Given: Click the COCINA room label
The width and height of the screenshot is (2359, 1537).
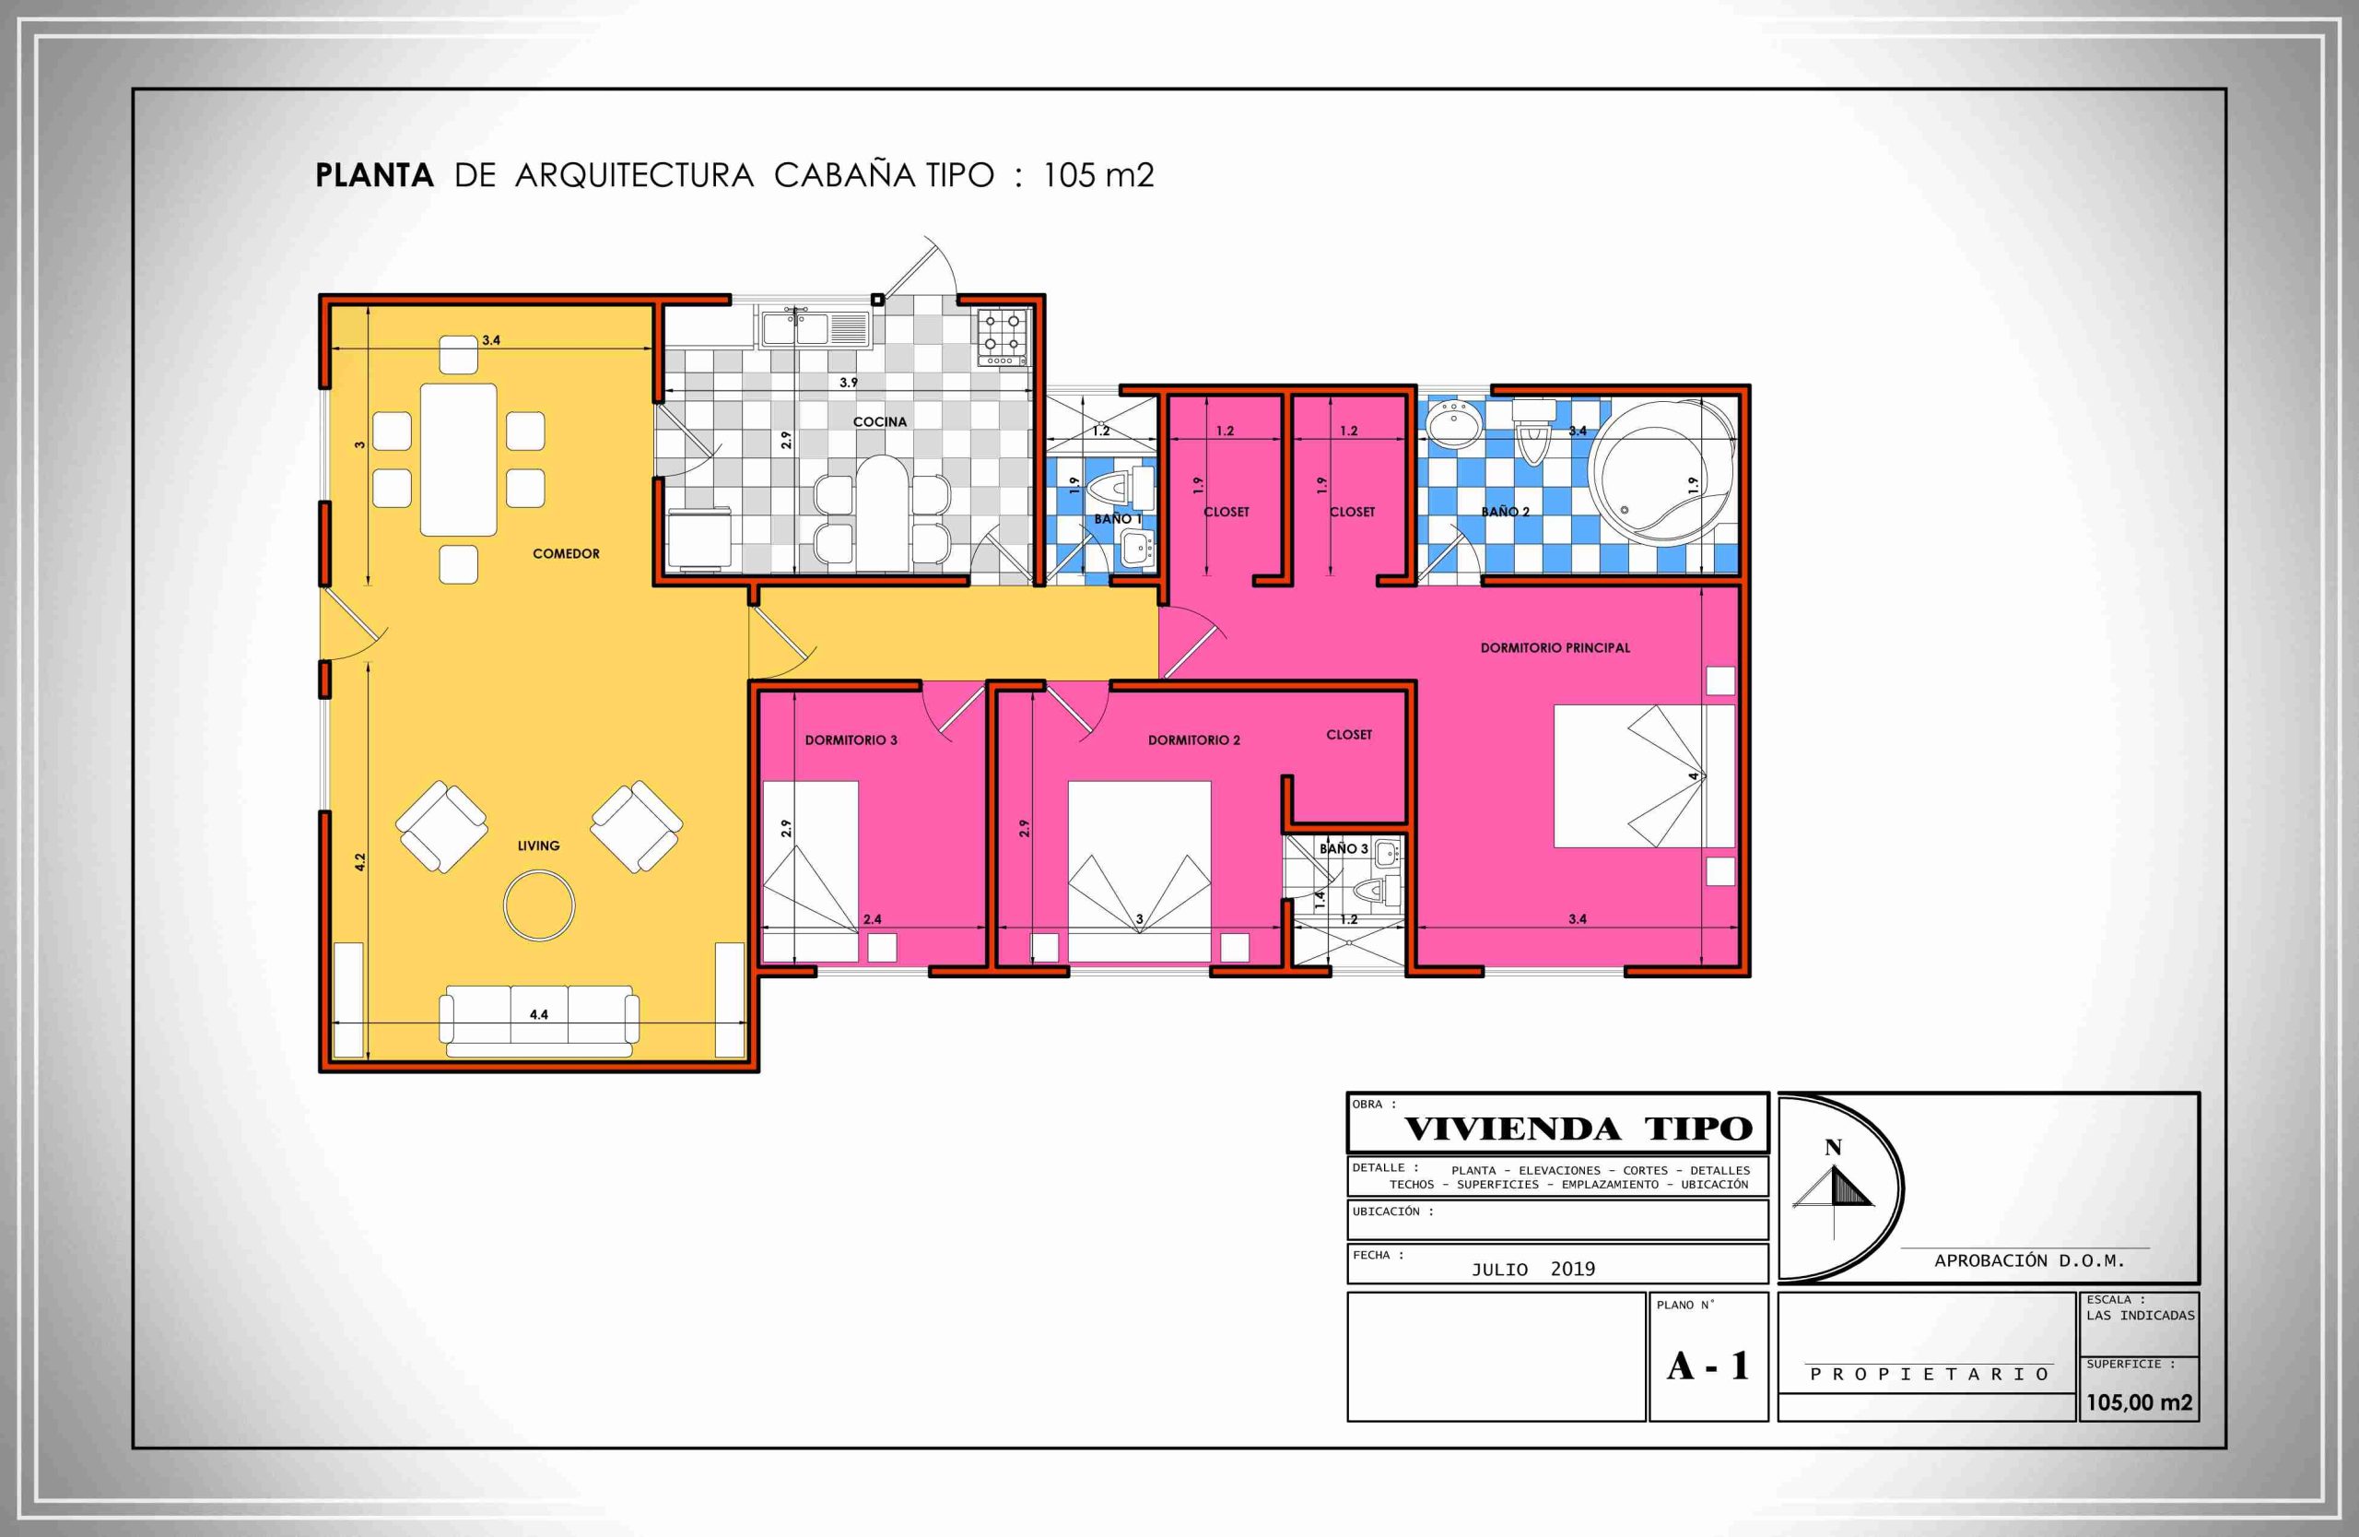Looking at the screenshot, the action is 879,421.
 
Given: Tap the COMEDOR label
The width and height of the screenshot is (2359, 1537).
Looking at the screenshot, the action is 566,553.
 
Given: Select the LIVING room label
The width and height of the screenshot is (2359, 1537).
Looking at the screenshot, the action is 538,845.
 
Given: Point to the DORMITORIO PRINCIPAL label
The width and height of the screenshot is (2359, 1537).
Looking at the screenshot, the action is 1555,647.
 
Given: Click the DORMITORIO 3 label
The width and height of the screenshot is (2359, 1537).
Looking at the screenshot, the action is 851,739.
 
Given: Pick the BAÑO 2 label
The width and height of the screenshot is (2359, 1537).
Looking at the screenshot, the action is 1505,512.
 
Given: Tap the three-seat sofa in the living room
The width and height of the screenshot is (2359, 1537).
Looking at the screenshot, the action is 539,1022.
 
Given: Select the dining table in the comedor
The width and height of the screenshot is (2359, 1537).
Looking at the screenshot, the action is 458,459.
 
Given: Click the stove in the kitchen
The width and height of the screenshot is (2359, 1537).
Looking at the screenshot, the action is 1003,337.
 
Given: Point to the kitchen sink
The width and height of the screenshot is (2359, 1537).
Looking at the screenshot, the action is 815,328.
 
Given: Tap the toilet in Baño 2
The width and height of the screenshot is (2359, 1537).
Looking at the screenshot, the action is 1532,431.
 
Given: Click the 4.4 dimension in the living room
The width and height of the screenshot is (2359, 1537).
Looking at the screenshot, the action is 538,1014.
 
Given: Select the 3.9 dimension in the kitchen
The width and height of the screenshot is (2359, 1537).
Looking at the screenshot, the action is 849,382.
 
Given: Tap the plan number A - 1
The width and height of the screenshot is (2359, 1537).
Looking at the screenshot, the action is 1708,1366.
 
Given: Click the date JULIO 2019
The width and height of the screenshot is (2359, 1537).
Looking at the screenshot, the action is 1532,1270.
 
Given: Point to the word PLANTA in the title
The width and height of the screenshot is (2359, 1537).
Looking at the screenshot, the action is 374,175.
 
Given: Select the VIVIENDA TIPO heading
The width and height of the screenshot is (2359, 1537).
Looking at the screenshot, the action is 1578,1129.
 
